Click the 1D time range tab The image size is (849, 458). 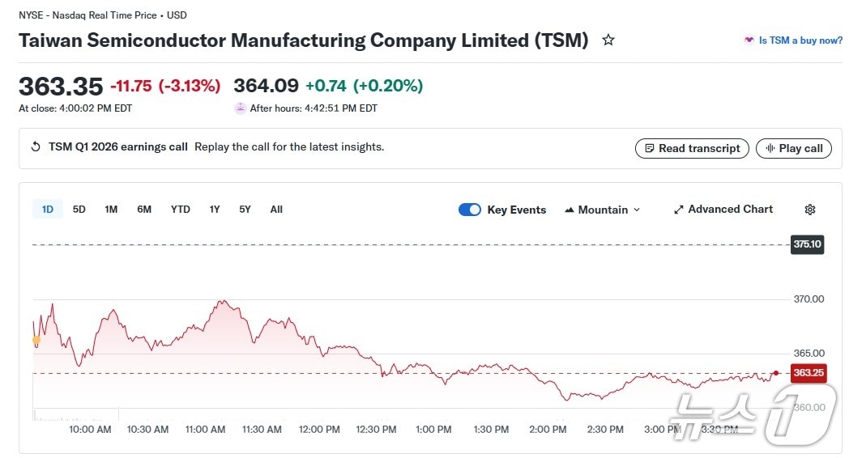[x=48, y=210]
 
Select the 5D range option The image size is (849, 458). [x=79, y=210]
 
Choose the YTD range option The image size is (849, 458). [x=180, y=210]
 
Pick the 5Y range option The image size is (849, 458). [x=245, y=210]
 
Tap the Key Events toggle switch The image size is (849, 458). [x=470, y=210]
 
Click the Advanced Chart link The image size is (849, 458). [x=723, y=210]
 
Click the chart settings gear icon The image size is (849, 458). [x=810, y=210]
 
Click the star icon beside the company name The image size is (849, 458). [x=608, y=40]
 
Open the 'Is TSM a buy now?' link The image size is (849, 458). [x=800, y=40]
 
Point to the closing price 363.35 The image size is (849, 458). [x=61, y=86]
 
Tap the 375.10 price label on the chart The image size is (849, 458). [x=807, y=244]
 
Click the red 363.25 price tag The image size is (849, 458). [x=808, y=373]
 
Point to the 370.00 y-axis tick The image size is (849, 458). [x=808, y=299]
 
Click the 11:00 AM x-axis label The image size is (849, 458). [x=206, y=430]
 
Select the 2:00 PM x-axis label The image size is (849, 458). [x=548, y=430]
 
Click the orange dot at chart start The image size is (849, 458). [x=36, y=341]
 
